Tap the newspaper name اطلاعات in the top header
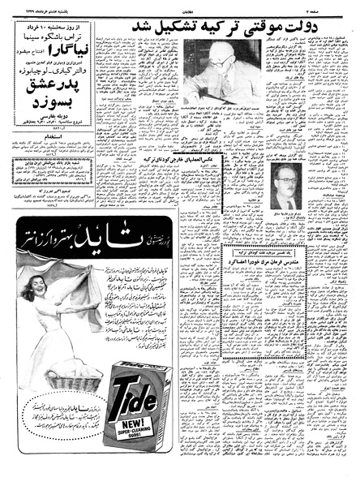[182, 6]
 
